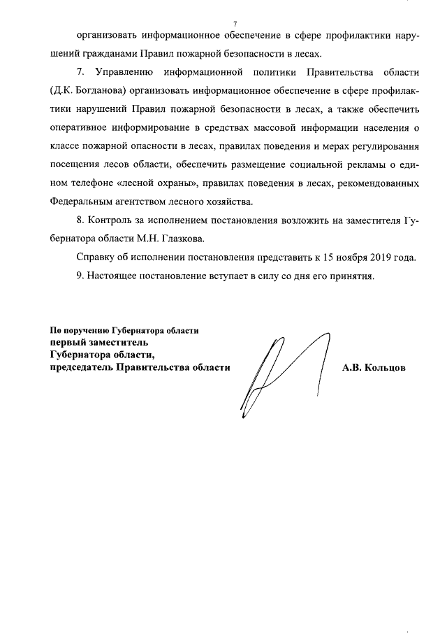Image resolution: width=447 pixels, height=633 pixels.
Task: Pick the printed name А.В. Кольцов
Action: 373,367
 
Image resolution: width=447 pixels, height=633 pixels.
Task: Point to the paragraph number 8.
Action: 79,220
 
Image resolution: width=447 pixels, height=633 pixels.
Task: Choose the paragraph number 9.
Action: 79,275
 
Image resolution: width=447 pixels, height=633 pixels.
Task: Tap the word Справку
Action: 95,257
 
